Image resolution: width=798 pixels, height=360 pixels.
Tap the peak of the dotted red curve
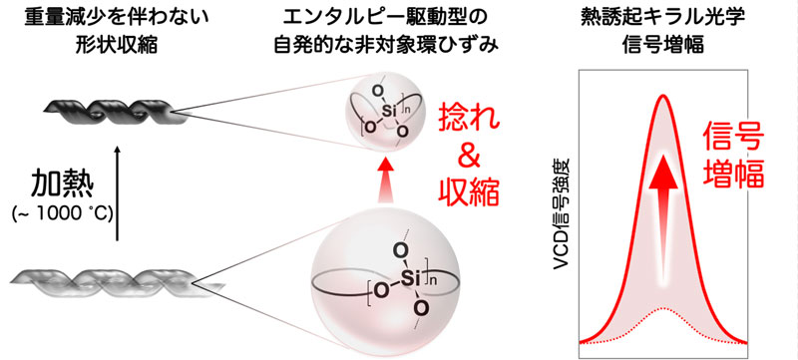(661, 310)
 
